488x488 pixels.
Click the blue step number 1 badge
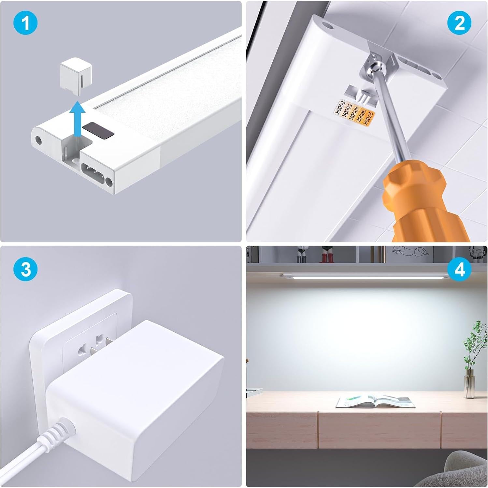[x=25, y=23]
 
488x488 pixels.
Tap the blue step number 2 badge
[x=459, y=23]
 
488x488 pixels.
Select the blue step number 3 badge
[x=25, y=270]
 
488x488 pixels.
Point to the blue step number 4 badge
[x=459, y=270]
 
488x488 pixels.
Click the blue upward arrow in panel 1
[x=78, y=119]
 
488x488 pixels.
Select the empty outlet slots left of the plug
[x=81, y=352]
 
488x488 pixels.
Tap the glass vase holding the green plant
[x=469, y=384]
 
